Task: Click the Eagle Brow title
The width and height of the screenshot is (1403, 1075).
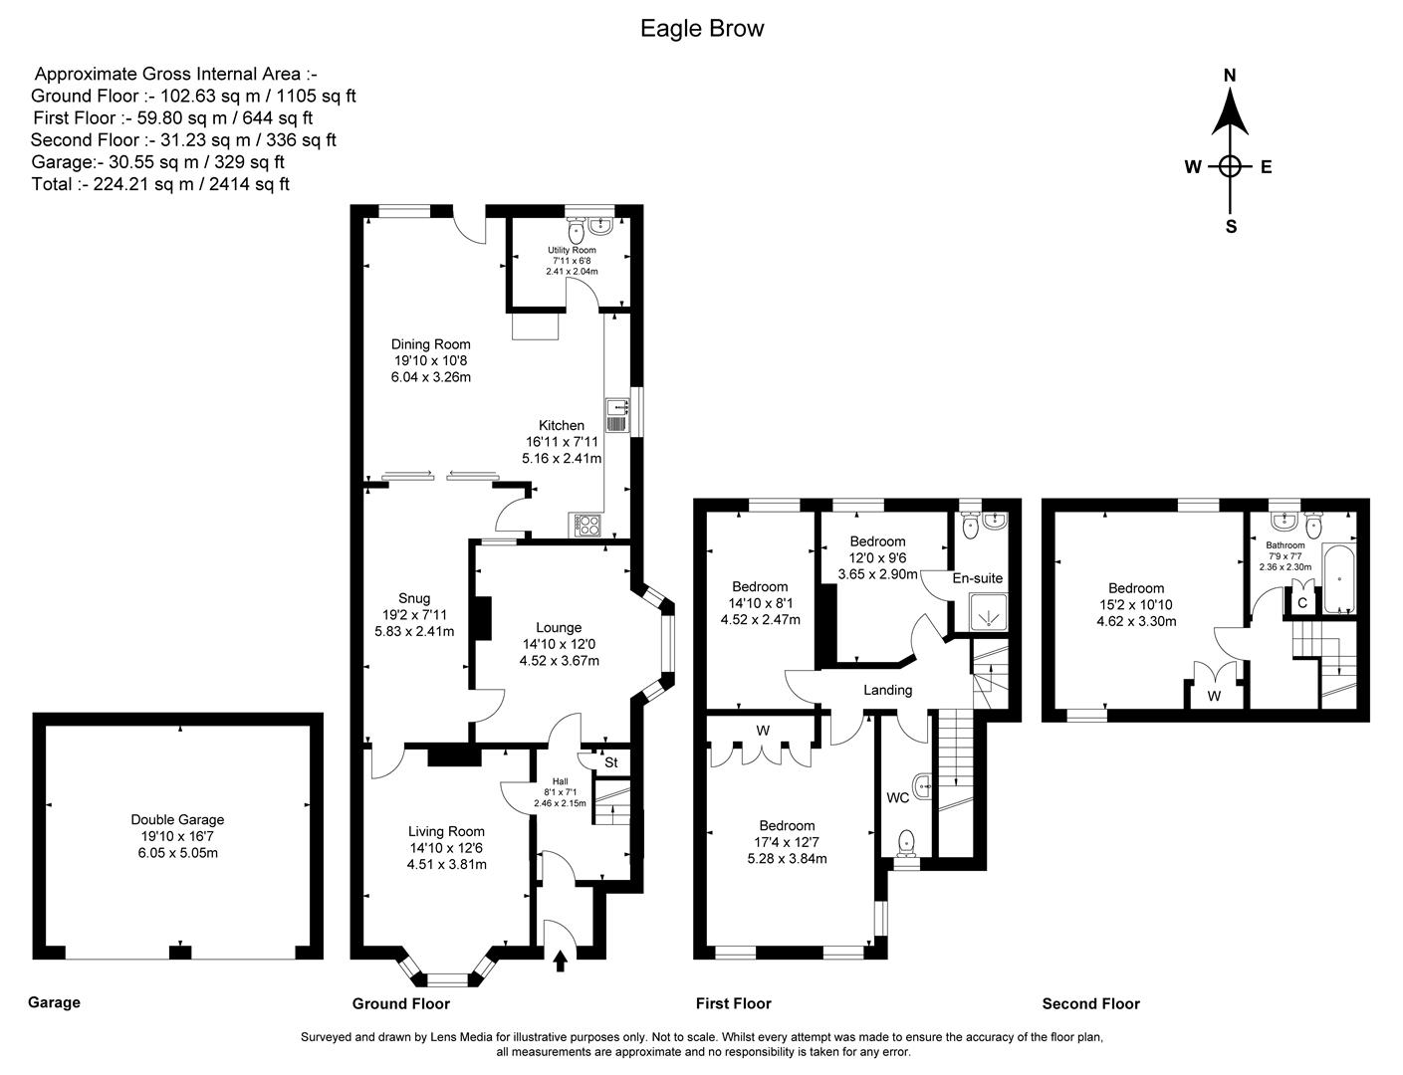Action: click(702, 29)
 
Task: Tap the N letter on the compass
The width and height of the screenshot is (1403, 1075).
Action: click(1230, 76)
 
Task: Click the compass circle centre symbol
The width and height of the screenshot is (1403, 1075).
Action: click(1230, 167)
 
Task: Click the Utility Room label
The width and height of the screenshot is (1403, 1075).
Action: click(572, 250)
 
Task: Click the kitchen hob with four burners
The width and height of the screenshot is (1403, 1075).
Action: click(585, 525)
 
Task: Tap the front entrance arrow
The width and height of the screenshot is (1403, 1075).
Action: click(560, 960)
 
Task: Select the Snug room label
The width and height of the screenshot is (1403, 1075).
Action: click(414, 598)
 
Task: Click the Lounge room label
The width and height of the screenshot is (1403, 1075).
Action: click(559, 627)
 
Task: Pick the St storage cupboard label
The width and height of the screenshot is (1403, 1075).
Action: click(611, 762)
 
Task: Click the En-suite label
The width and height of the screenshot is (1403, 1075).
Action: click(977, 578)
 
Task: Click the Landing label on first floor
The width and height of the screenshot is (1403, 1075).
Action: click(887, 690)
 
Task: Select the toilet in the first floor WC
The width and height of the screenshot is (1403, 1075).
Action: click(907, 844)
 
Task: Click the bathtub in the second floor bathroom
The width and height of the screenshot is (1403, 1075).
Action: click(1336, 578)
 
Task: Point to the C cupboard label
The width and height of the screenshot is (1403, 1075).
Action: click(1301, 602)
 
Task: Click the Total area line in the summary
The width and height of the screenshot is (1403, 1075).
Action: click(160, 184)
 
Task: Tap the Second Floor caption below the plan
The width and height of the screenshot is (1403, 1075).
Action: click(1090, 1003)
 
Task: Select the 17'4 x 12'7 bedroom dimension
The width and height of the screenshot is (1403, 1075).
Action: click(787, 842)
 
